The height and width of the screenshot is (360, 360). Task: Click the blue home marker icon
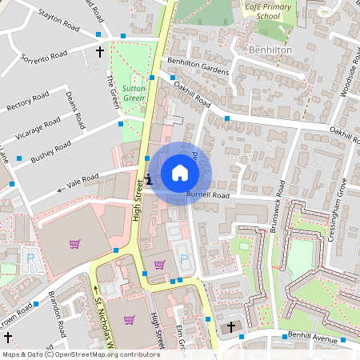click(x=180, y=172)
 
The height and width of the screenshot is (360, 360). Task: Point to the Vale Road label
click(x=82, y=182)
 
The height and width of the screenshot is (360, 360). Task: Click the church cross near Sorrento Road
click(x=100, y=53)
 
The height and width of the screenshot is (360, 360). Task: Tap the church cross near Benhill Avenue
click(x=232, y=327)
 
